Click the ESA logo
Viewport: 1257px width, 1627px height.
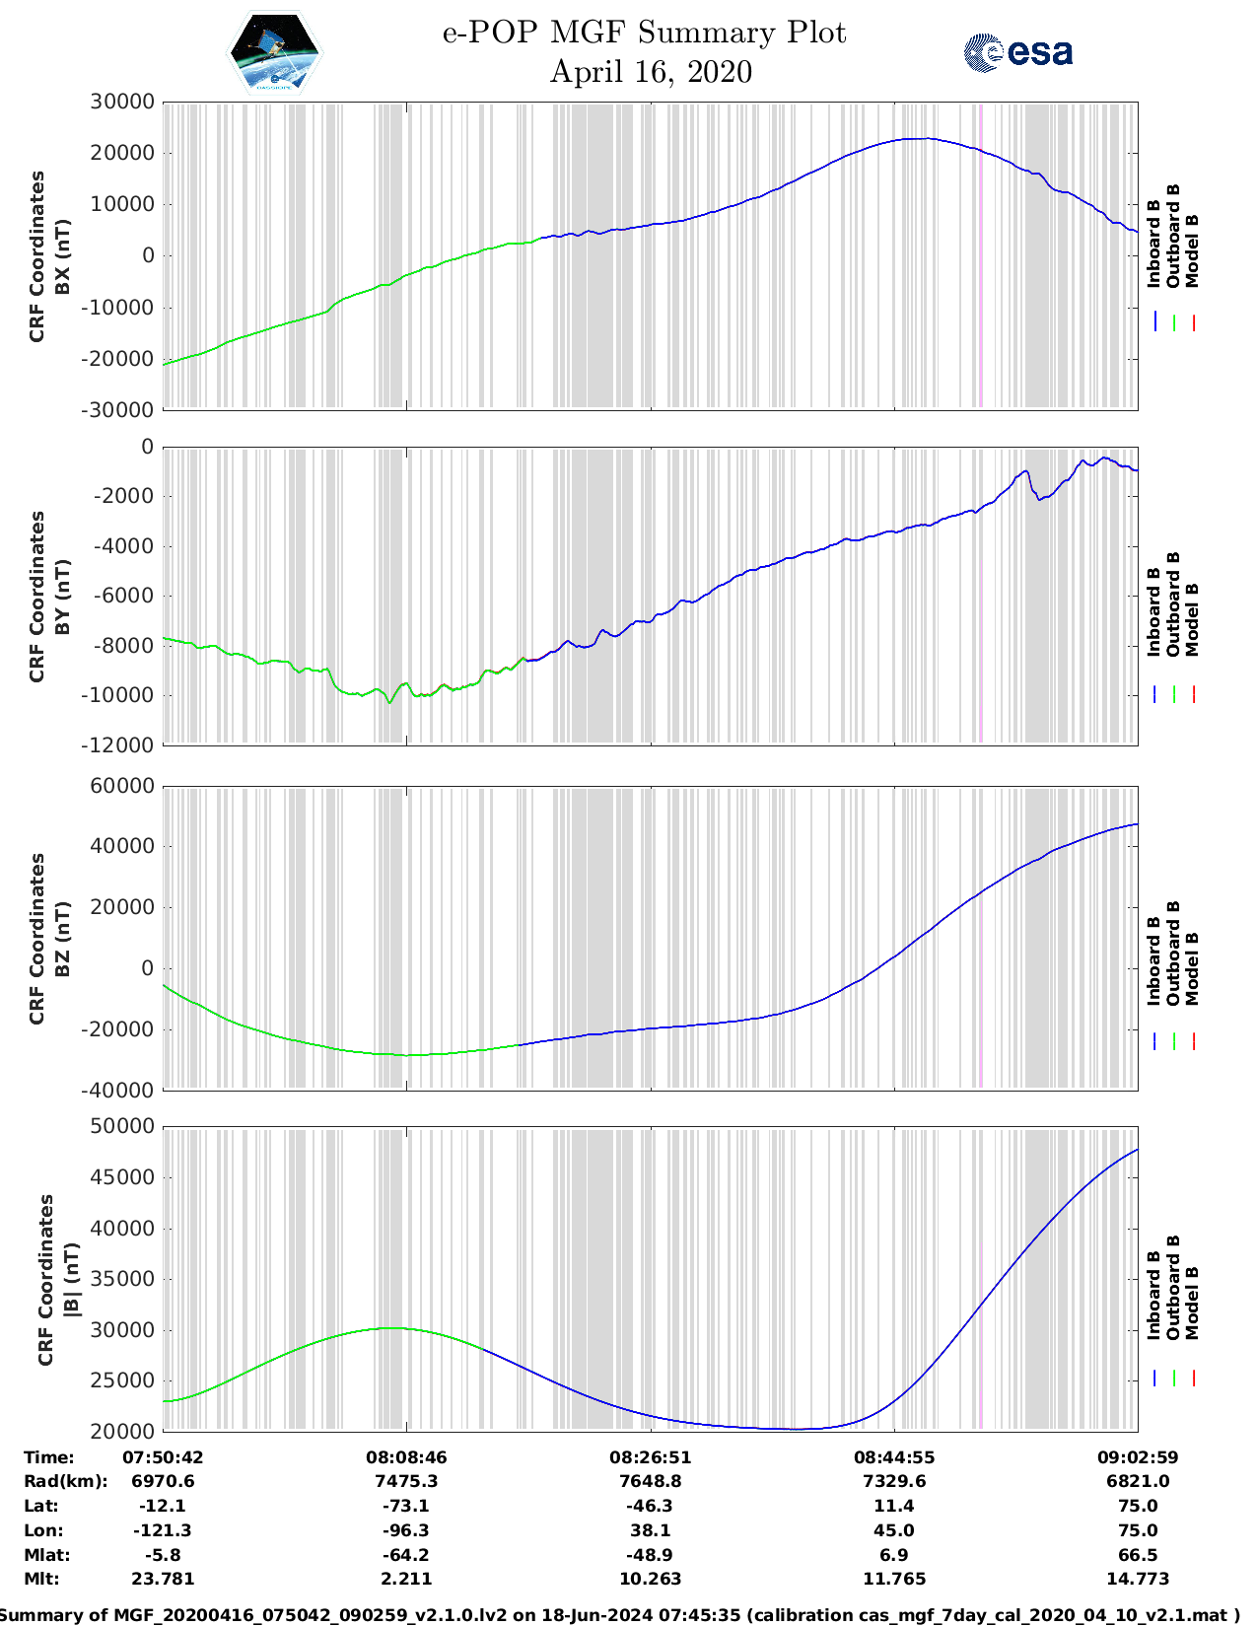1018,52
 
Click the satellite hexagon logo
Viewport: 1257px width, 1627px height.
275,53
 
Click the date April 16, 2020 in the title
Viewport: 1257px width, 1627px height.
651,72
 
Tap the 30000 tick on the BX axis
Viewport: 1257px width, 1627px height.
122,102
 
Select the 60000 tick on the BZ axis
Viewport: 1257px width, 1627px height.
122,786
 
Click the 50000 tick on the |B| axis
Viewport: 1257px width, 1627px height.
122,1126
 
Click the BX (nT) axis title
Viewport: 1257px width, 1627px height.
63,256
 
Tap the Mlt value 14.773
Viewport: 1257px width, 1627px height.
1138,1579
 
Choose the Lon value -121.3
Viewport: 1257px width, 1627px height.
163,1530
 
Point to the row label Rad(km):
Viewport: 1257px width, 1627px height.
66,1481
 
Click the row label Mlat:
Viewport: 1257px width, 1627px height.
47,1555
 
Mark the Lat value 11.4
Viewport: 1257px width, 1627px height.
894,1506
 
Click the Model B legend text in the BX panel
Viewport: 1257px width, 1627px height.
1192,250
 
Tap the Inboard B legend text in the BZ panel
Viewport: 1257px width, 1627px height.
1153,961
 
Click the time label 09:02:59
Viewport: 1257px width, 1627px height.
1138,1457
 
